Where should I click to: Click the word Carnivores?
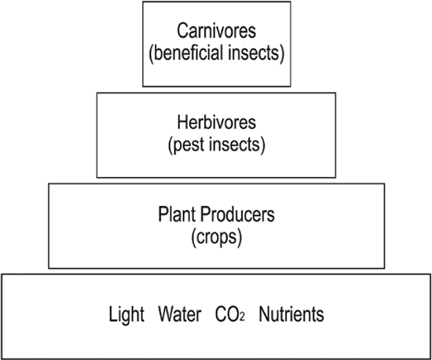[x=216, y=31]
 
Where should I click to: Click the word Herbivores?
[x=216, y=122]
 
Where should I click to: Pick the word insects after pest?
[x=234, y=145]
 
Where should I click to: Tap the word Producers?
[x=237, y=214]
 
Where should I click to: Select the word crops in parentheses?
[x=217, y=237]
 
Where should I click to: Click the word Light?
[x=126, y=314]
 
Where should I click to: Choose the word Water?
[x=180, y=314]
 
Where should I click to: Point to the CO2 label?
[x=230, y=314]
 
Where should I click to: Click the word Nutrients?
[x=291, y=314]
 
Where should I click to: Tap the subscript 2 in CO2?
[x=242, y=317]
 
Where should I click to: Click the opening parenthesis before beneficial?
[x=151, y=53]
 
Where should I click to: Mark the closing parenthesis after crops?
[x=240, y=238]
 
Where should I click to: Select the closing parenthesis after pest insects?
[x=262, y=145]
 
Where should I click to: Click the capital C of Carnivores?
[x=181, y=31]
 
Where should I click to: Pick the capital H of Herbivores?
[x=182, y=122]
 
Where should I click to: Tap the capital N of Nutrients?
[x=264, y=314]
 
